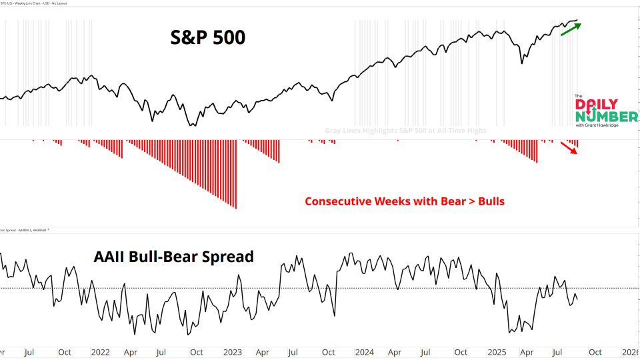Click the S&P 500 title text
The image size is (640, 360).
207,37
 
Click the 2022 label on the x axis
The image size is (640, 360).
100,351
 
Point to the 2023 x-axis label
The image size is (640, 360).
232,351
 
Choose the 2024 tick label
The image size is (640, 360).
364,351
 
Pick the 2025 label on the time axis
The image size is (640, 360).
497,351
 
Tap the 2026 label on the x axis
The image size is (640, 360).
630,351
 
